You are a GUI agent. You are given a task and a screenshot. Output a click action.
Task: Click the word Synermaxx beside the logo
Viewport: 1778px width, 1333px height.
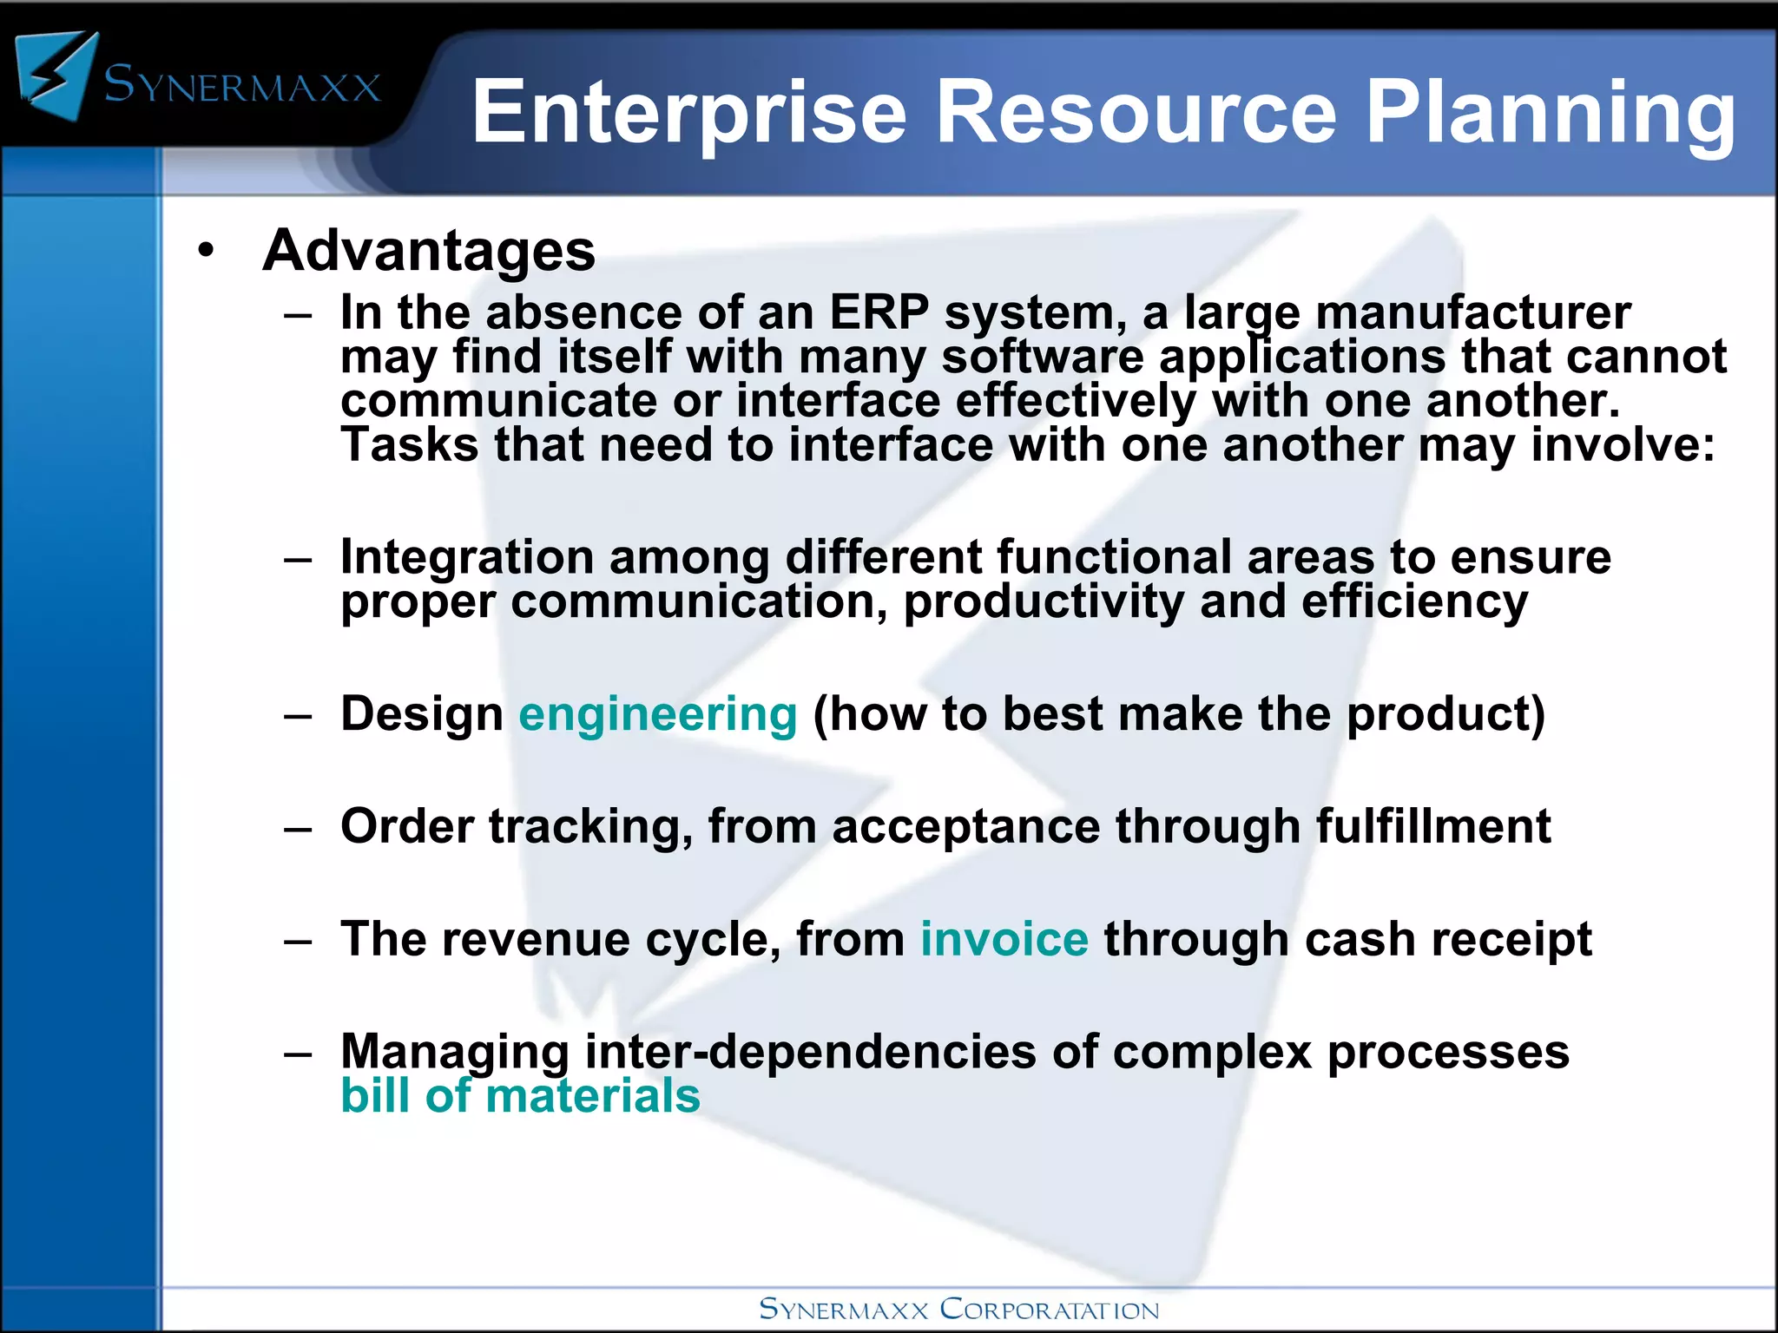coord(242,85)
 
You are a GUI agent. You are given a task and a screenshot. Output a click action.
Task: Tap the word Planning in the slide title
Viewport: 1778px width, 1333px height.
coord(1550,114)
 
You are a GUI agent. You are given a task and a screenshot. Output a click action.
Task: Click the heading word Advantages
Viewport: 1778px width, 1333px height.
coord(429,251)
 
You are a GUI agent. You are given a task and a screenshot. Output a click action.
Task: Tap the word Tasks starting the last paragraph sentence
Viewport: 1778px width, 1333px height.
coord(409,445)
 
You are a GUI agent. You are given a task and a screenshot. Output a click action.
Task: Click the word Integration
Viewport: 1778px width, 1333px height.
coord(466,557)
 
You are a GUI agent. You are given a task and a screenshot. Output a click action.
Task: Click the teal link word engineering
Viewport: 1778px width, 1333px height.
coord(657,714)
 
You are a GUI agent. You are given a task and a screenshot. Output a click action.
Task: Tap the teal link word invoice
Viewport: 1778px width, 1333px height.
coord(1004,940)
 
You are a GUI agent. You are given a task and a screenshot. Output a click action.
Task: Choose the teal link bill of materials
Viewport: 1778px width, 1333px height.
coord(520,1096)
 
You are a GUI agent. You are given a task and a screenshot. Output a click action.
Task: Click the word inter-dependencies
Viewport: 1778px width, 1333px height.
coord(810,1052)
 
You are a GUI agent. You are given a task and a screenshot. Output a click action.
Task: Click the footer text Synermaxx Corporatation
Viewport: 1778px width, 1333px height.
coord(958,1309)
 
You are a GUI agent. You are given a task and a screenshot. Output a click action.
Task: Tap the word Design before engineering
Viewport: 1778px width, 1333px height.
coord(422,714)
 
